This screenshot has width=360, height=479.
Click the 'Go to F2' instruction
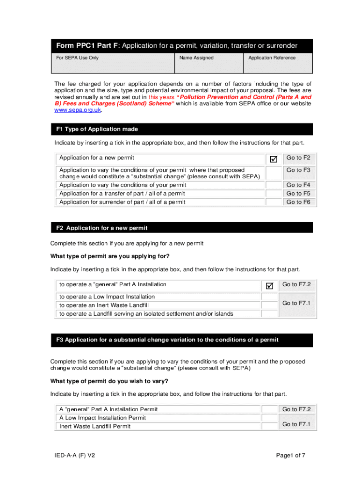[298, 158]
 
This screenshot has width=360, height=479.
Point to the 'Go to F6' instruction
[298, 202]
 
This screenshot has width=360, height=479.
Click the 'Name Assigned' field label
[196, 58]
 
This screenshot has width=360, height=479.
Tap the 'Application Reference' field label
[272, 58]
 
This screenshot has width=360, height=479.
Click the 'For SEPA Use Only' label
[78, 58]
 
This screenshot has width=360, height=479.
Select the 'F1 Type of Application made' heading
[97, 129]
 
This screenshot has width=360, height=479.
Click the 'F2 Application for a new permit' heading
[102, 228]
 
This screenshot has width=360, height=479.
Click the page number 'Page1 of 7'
[291, 456]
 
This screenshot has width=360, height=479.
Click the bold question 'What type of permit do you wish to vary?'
[109, 381]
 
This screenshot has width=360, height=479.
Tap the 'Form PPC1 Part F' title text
[87, 46]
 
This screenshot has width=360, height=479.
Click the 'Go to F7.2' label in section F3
[296, 409]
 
